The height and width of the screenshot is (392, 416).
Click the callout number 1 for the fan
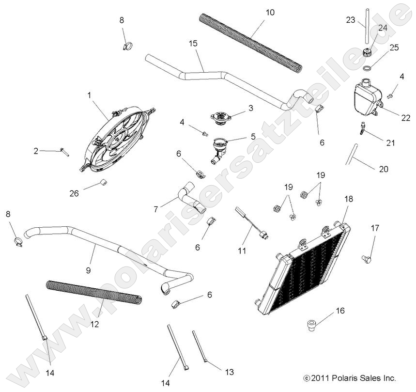(x=90, y=96)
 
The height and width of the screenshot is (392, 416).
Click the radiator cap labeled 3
(x=220, y=116)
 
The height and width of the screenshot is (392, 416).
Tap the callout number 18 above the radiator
(x=348, y=199)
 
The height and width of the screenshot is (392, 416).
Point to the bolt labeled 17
(x=367, y=259)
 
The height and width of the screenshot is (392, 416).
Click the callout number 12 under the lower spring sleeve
(x=95, y=324)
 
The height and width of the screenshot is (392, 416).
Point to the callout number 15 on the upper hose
(x=193, y=44)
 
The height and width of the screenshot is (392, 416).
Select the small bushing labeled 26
(x=103, y=182)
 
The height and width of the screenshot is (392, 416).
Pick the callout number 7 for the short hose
(x=155, y=209)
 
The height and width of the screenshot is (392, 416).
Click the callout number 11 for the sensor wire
(x=242, y=251)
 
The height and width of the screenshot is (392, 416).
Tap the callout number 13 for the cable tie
(x=230, y=372)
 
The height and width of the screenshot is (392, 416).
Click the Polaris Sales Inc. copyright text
(x=350, y=377)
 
